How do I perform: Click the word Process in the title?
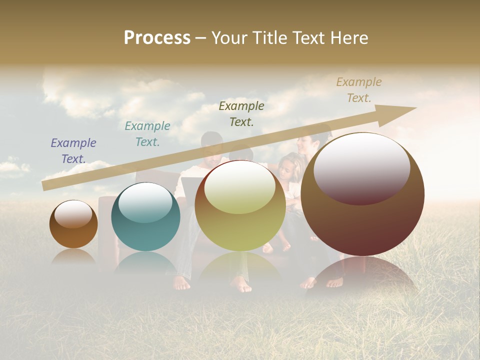point(157,38)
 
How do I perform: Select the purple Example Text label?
point(73,151)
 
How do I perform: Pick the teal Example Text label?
point(147,134)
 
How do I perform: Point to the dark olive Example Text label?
point(241,113)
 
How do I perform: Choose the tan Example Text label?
point(359,90)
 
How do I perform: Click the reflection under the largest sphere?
point(362,275)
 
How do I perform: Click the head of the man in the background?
point(212,145)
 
